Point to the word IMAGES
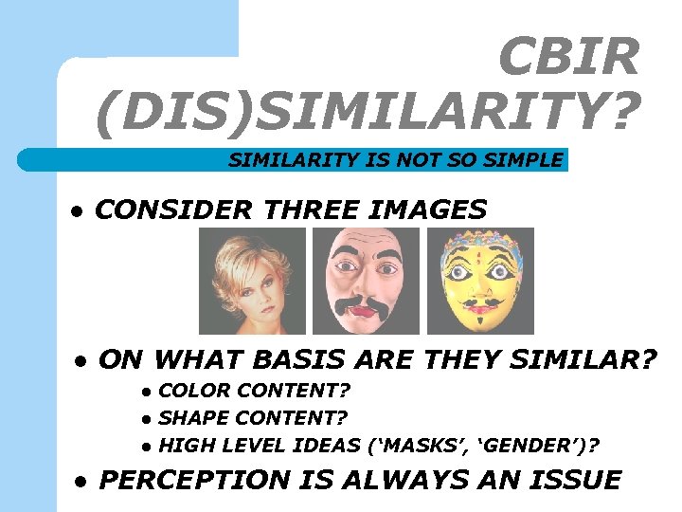click(x=434, y=209)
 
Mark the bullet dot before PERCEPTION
click(x=81, y=482)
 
